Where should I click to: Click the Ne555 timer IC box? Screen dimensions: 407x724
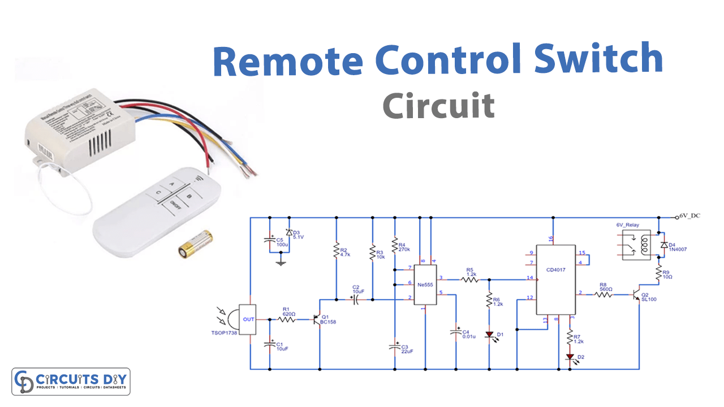tap(425, 284)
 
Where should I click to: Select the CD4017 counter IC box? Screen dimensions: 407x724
tap(555, 279)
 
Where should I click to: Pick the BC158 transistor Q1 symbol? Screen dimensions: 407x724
tap(317, 319)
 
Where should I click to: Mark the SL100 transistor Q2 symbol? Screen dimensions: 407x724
tap(637, 295)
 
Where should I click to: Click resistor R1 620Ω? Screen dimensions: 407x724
tap(287, 320)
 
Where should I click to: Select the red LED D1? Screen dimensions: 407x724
tap(490, 336)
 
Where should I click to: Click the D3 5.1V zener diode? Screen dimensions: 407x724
tap(288, 232)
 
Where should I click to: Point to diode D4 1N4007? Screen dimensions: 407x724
tap(664, 245)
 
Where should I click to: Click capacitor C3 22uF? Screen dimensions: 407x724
tap(395, 347)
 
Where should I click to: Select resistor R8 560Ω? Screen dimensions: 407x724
tap(604, 295)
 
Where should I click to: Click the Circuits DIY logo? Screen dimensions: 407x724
tap(71, 382)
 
